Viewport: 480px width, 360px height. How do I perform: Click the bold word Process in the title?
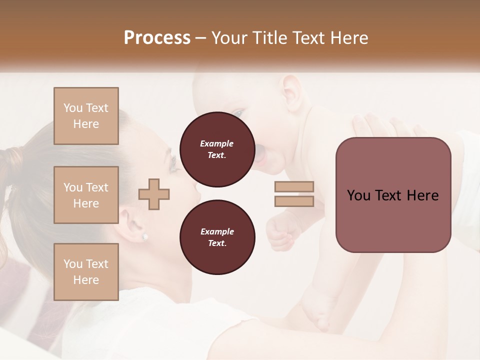[x=157, y=38]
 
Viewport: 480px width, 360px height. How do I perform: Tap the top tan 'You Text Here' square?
[x=86, y=116]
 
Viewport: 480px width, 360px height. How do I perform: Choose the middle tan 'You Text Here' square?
[x=86, y=195]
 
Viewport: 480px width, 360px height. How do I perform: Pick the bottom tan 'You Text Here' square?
[x=86, y=272]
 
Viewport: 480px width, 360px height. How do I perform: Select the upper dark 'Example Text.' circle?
[x=217, y=149]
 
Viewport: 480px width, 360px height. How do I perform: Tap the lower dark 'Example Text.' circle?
[x=217, y=237]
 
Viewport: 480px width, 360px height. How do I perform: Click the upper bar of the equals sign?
[x=294, y=187]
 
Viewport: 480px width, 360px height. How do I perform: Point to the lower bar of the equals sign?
[x=294, y=201]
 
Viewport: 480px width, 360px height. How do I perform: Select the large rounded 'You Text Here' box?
[x=393, y=195]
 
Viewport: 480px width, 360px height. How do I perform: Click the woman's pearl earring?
[x=145, y=236]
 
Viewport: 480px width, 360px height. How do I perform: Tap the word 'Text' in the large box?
[x=393, y=195]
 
